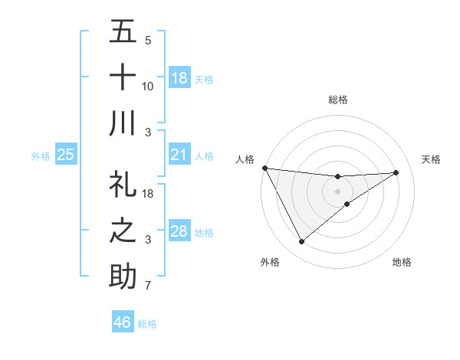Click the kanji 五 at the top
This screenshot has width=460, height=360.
[123, 33]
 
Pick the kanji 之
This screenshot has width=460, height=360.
[123, 231]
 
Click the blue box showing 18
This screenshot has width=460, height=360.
[179, 77]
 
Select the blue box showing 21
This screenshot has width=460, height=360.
[179, 155]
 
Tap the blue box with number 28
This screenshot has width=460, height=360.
[179, 231]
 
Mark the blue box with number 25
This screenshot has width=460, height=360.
[66, 155]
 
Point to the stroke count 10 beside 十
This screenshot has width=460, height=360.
[148, 87]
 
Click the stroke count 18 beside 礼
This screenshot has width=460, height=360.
[148, 195]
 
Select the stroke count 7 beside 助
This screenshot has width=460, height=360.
[148, 286]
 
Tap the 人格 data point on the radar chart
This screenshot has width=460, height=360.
[264, 168]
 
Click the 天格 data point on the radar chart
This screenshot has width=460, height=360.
[396, 172]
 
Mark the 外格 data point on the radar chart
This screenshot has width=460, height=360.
[301, 242]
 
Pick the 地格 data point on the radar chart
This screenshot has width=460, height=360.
[347, 204]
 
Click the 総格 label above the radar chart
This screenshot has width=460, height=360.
[337, 100]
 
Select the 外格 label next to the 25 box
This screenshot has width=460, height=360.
[41, 155]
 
